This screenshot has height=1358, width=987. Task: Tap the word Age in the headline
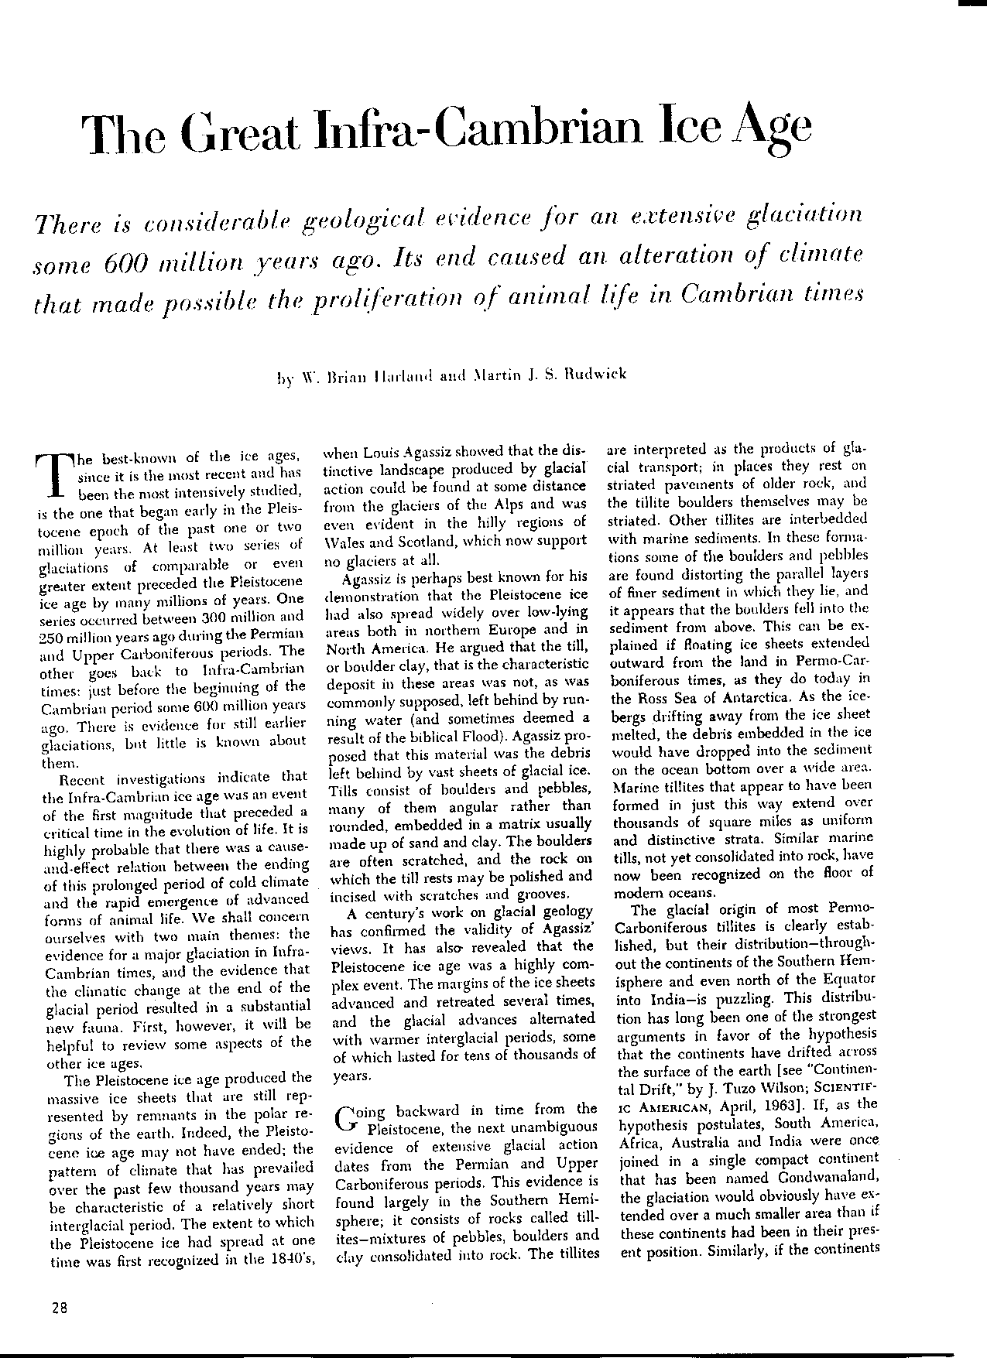(769, 129)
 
